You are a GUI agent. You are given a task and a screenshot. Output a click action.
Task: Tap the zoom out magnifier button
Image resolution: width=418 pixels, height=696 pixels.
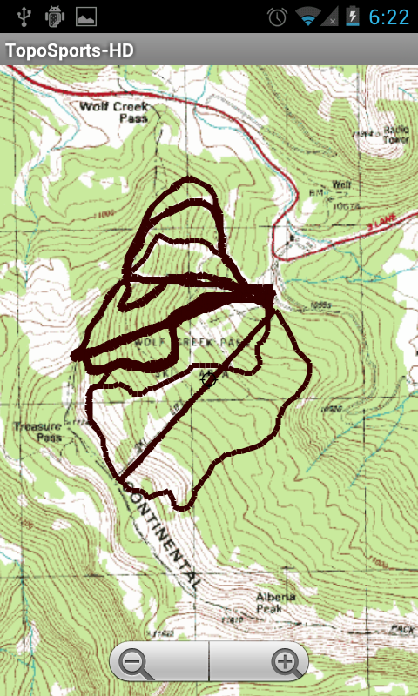pyautogui.click(x=135, y=664)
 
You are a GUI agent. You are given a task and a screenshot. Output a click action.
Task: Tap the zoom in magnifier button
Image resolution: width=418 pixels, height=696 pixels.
pyautogui.click(x=285, y=664)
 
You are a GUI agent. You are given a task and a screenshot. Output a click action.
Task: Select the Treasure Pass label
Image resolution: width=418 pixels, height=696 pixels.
pyautogui.click(x=37, y=432)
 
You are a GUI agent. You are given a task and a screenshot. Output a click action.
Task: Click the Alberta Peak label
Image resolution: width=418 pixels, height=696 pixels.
pyautogui.click(x=275, y=602)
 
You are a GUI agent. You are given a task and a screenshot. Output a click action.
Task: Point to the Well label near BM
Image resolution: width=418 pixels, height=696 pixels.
pyautogui.click(x=340, y=185)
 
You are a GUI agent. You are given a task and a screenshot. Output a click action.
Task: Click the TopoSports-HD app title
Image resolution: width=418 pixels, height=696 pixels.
pyautogui.click(x=71, y=50)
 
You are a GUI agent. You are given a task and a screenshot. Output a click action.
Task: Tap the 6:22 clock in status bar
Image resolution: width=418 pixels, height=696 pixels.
pyautogui.click(x=388, y=17)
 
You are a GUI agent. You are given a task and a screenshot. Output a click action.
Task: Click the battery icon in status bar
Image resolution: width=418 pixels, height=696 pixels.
pyautogui.click(x=353, y=17)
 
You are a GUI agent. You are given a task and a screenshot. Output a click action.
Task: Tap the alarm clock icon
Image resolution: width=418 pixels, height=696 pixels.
pyautogui.click(x=278, y=17)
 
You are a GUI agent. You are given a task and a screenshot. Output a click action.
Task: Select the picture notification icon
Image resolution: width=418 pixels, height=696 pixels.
pyautogui.click(x=86, y=17)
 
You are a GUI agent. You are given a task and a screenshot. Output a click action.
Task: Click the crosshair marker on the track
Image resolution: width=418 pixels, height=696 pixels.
pyautogui.click(x=207, y=377)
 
